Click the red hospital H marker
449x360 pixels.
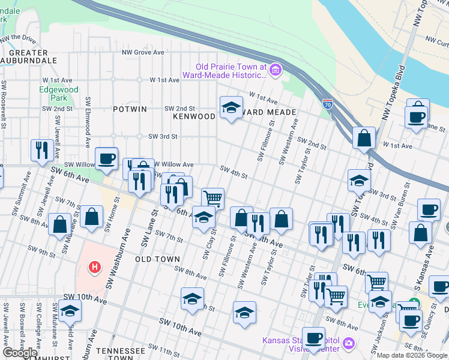(94, 266)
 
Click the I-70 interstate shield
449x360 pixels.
(327, 104)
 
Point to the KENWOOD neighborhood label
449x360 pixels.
(194, 116)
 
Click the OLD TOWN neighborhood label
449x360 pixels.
(157, 259)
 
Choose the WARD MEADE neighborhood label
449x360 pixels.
(271, 112)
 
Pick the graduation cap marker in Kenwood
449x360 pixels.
(232, 107)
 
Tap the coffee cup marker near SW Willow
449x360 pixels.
(106, 158)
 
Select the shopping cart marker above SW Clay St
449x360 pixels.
(212, 198)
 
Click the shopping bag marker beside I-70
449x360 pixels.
(364, 138)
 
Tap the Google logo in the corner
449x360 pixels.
(20, 353)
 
